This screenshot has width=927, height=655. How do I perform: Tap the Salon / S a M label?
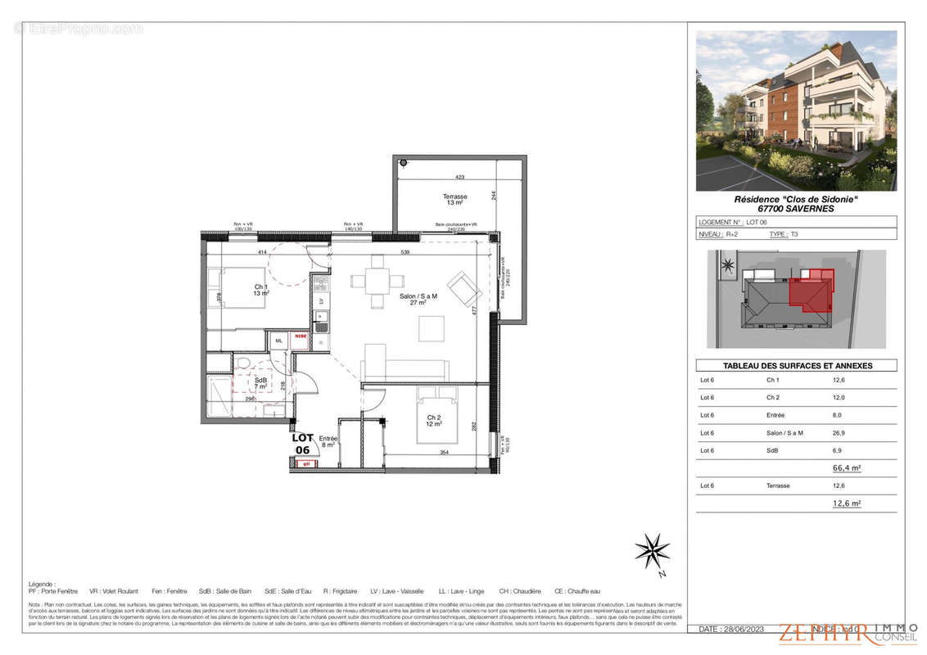[418, 298]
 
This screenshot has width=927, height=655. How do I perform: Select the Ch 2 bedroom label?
[434, 421]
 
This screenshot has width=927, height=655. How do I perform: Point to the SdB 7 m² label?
[260, 382]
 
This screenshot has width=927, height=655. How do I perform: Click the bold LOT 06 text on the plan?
[302, 443]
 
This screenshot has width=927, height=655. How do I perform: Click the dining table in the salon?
[377, 281]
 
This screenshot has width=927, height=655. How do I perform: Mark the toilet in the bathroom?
[243, 364]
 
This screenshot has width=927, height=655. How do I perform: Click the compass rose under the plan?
[652, 550]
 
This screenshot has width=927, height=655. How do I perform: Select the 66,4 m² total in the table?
[846, 468]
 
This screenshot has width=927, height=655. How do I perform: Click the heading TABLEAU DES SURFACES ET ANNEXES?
[797, 366]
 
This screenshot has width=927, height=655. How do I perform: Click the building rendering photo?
[796, 111]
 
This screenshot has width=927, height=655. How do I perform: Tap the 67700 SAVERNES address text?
[796, 209]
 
